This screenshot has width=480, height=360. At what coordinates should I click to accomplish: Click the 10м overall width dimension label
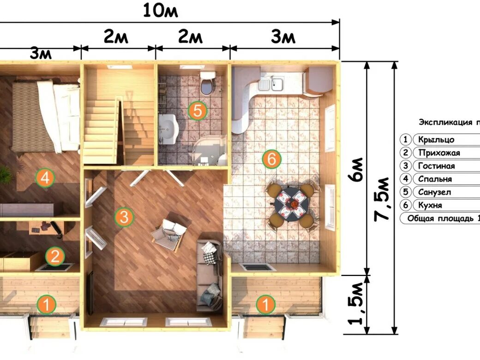pyautogui.click(x=161, y=11)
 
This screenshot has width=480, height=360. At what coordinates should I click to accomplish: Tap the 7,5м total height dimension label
pyautogui.click(x=382, y=198)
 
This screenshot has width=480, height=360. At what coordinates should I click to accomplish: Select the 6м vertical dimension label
pyautogui.click(x=357, y=170)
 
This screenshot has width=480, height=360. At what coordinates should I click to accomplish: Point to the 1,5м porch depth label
pyautogui.click(x=356, y=303)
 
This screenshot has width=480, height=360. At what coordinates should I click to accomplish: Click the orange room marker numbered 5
pyautogui.click(x=198, y=110)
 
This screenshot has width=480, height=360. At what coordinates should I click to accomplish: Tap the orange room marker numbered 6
pyautogui.click(x=271, y=159)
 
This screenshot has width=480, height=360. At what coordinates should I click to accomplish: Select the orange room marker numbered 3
pyautogui.click(x=124, y=217)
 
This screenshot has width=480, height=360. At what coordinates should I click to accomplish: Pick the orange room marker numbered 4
pyautogui.click(x=45, y=178)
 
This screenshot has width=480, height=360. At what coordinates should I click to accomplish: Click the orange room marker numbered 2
pyautogui.click(x=55, y=256)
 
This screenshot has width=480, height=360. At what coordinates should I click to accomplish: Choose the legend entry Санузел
pyautogui.click(x=434, y=192)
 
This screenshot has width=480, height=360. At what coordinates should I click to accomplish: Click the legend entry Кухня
pyautogui.click(x=430, y=205)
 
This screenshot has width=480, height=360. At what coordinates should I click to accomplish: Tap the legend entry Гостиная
pyautogui.click(x=436, y=166)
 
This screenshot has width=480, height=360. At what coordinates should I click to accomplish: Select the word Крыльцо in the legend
pyautogui.click(x=436, y=140)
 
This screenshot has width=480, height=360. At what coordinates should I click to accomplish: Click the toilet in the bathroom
pyautogui.click(x=207, y=83)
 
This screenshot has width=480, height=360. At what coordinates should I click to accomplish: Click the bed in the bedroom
pyautogui.click(x=46, y=116)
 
